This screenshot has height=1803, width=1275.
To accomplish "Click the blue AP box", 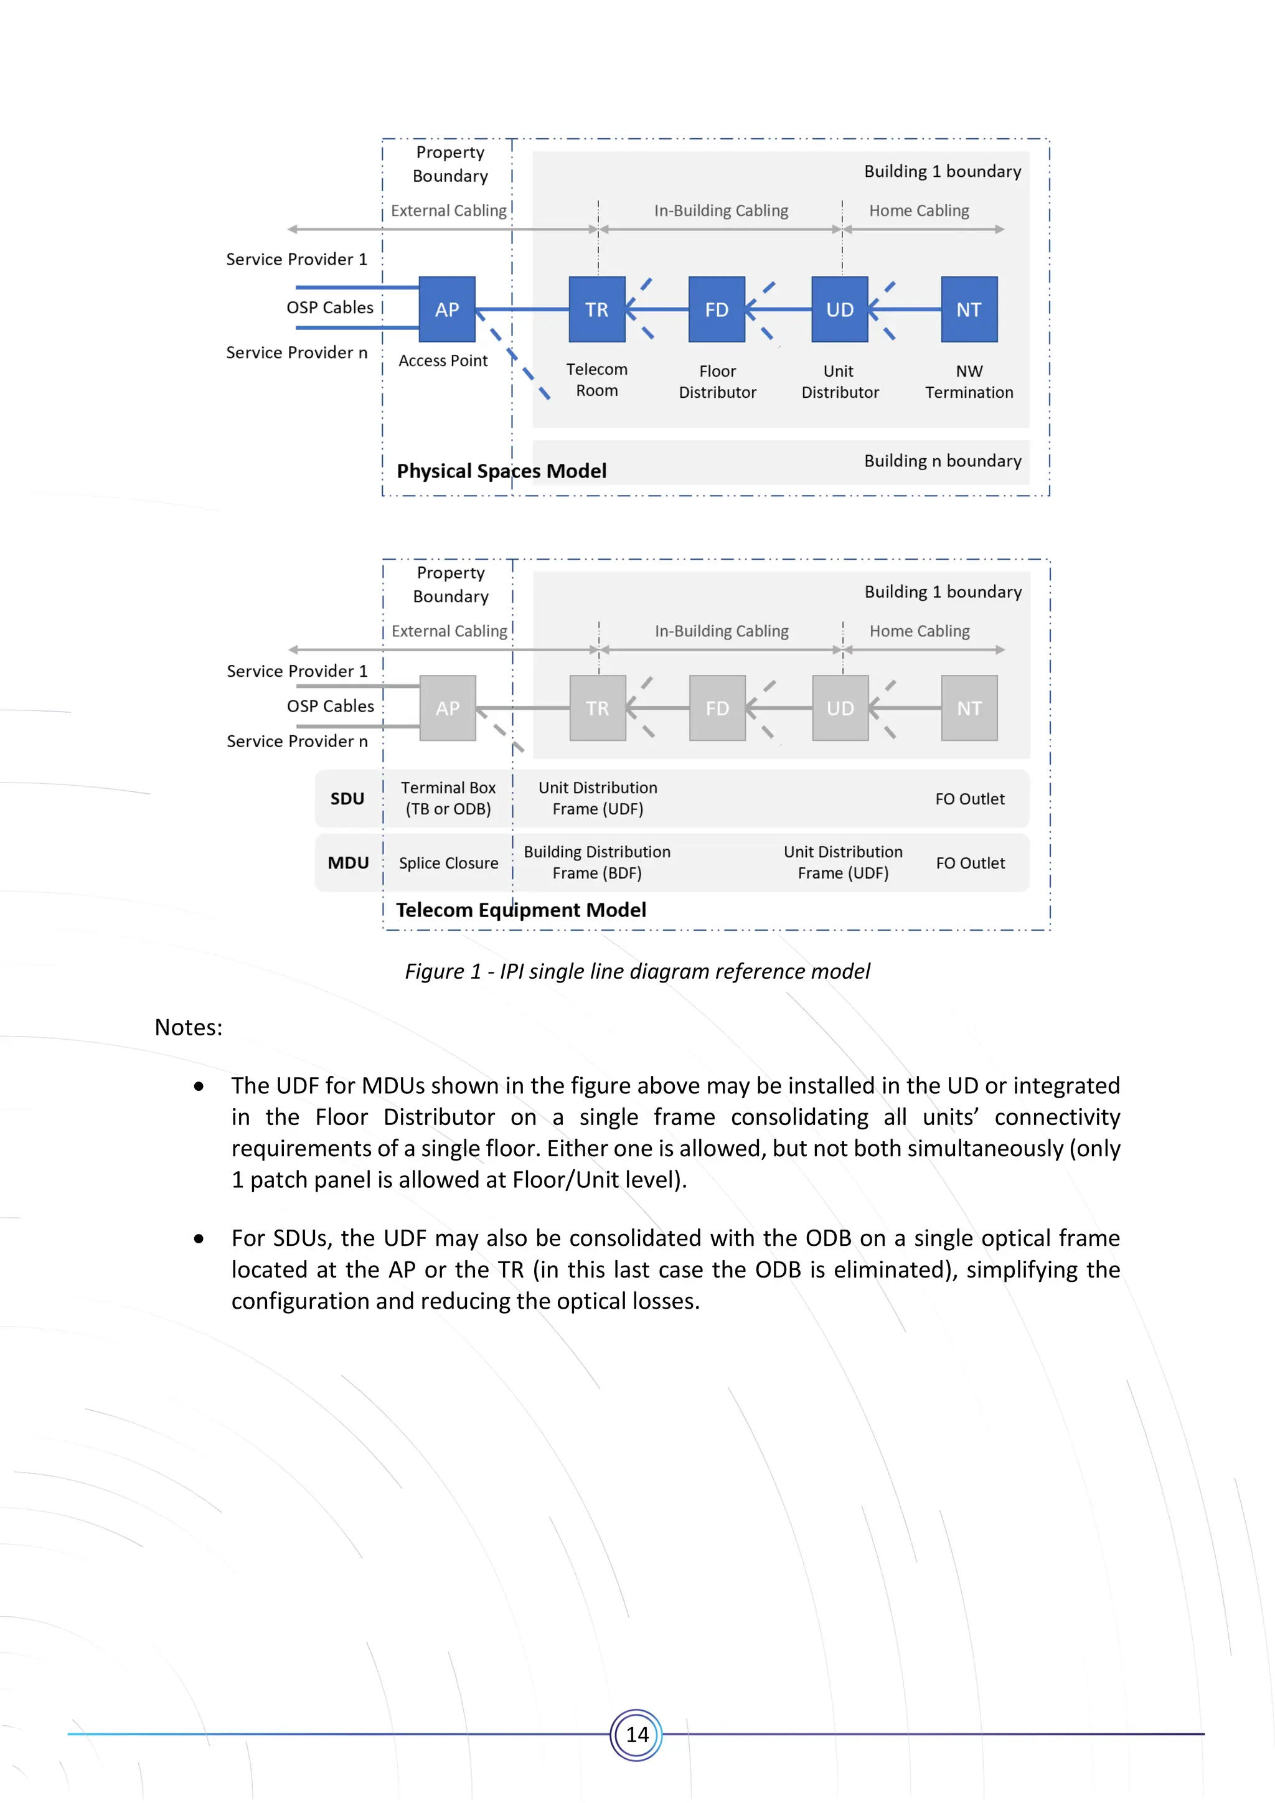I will [447, 309].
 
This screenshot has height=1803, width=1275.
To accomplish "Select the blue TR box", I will [596, 309].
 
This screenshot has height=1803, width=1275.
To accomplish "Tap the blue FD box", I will [716, 309].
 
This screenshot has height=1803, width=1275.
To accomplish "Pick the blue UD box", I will [839, 309].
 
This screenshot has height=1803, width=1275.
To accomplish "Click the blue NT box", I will [969, 309].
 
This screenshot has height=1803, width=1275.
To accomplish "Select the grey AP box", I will [448, 707].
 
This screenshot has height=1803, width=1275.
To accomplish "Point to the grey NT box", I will [969, 707].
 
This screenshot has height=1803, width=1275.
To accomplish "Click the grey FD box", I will [717, 707].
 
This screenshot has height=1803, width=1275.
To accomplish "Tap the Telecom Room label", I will [596, 379].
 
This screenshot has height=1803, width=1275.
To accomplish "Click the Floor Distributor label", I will [717, 382].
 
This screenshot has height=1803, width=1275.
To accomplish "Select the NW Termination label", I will [969, 382].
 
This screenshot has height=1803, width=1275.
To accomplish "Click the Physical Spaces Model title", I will [501, 471].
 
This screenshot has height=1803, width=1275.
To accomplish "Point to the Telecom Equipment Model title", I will [520, 910].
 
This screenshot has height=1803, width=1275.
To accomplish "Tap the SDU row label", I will [347, 799].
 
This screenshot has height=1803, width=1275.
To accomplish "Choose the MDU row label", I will [348, 862].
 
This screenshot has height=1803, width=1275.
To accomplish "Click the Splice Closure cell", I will [448, 863].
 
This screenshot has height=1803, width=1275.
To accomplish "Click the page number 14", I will [637, 1735].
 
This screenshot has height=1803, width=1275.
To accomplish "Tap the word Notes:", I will [189, 1027].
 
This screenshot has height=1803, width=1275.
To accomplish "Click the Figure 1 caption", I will [637, 971].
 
